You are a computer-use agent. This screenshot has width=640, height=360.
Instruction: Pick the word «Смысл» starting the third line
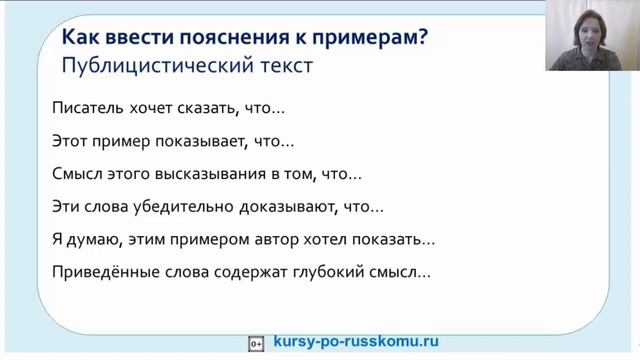[x=74, y=175]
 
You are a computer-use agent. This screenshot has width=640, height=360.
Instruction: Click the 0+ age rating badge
[x=256, y=342]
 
